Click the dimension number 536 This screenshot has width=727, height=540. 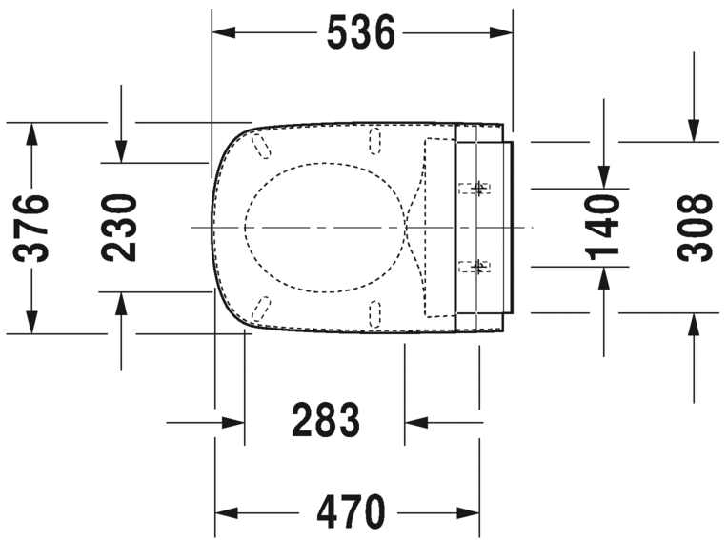point(360,33)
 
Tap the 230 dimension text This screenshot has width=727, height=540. point(121,228)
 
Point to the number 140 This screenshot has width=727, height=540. point(603,227)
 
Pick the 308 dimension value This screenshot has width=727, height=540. point(695,227)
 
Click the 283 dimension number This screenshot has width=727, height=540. point(326,420)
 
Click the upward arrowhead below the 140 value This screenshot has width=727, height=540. point(603,277)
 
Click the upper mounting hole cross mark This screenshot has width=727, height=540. point(479,187)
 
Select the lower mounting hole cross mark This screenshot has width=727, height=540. point(479,267)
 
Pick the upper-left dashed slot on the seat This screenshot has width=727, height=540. point(262,145)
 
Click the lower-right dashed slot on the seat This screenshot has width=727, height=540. point(374,310)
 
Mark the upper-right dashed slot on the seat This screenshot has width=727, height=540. point(374,142)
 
